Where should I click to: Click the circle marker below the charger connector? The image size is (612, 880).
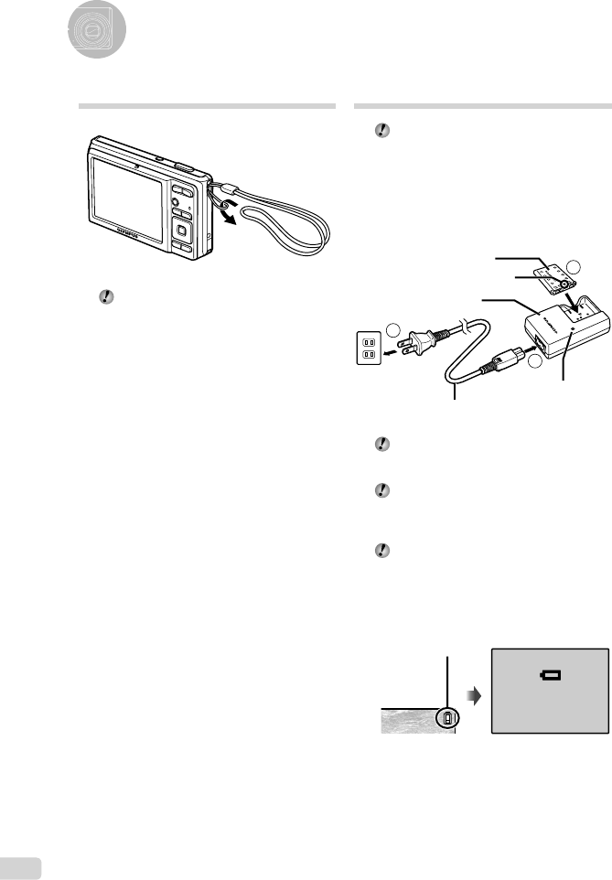pos(535,362)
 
